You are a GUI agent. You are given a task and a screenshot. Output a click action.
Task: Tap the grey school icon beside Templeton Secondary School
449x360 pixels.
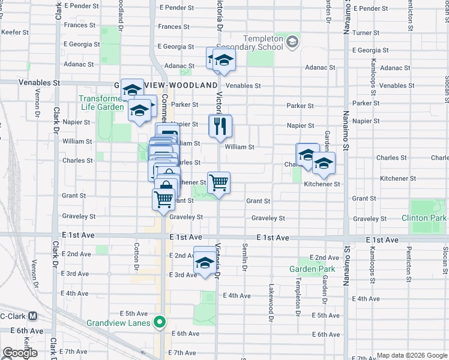click(292, 41)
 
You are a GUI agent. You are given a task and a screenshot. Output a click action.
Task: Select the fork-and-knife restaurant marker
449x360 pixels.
click(220, 126)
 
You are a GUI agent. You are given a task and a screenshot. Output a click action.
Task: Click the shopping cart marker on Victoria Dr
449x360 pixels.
click(219, 182)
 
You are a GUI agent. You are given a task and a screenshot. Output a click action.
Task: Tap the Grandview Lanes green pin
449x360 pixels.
click(159, 323)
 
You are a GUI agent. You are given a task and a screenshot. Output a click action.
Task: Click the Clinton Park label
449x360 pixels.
click(424, 218)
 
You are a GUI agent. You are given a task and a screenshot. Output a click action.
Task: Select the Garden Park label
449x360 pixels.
click(312, 269)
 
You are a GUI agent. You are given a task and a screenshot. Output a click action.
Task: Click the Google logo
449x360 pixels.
click(20, 353)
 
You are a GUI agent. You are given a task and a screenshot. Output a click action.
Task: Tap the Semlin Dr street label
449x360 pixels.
click(245, 257)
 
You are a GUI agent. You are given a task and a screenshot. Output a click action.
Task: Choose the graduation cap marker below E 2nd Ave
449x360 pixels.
click(205, 262)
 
